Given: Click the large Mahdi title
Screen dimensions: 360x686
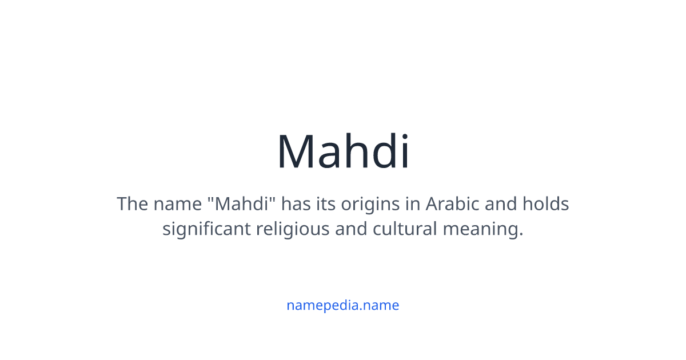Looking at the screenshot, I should click(343, 152).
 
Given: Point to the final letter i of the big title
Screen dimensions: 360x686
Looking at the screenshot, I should click(405, 152).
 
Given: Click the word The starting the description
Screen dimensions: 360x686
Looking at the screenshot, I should click(133, 204).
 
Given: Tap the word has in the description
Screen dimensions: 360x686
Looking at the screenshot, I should click(296, 204).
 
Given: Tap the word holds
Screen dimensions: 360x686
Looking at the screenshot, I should click(546, 204).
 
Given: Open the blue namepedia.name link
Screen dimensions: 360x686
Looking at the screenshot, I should click(343, 305).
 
